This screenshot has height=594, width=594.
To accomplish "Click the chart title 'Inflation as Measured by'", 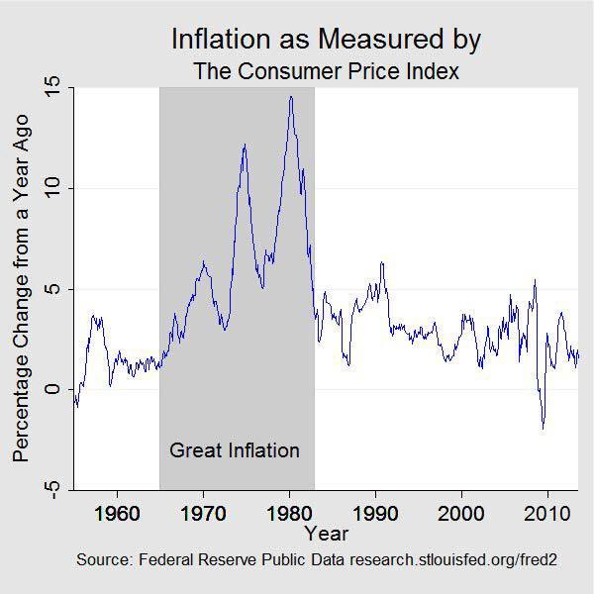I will pyautogui.click(x=326, y=40).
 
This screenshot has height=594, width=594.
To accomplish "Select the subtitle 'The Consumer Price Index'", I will pyautogui.click(x=326, y=71).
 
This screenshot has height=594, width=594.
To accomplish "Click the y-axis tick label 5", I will pyautogui.click(x=57, y=289).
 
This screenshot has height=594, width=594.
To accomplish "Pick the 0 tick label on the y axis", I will pyautogui.click(x=57, y=389).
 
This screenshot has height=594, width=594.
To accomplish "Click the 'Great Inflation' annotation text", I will pyautogui.click(x=235, y=450).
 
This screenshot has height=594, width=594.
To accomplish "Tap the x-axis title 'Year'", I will pyautogui.click(x=326, y=534).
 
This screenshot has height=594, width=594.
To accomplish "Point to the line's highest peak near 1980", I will pyautogui.click(x=291, y=96).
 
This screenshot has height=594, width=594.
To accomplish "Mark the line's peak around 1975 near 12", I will pyautogui.click(x=244, y=145).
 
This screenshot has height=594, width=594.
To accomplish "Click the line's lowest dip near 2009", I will pyautogui.click(x=543, y=428).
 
